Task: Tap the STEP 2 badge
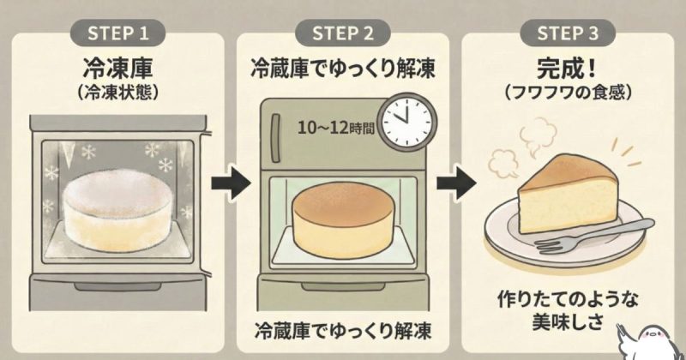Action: coord(341,33)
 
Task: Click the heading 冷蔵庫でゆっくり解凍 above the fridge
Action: coord(341,68)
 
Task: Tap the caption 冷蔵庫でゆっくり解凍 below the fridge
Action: coord(341,329)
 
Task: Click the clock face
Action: coord(406,121)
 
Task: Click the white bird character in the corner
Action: coord(661,338)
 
